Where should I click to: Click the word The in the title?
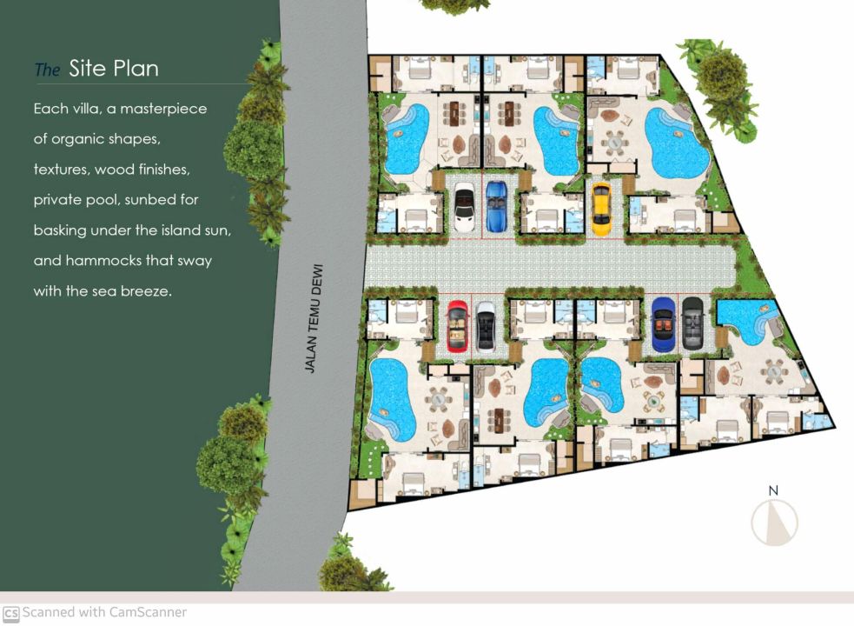point(47,70)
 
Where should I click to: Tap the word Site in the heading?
point(87,68)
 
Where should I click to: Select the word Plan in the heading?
point(136,68)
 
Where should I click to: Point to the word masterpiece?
point(163,109)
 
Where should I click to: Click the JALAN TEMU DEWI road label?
point(314,319)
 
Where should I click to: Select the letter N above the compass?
point(773,490)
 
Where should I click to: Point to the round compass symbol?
point(774,523)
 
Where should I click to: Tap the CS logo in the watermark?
point(11,614)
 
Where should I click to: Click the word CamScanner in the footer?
point(148,612)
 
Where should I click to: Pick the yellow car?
point(600,209)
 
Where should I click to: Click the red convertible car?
point(458,326)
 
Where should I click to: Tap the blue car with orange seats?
point(664,324)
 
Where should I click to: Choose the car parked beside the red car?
point(486,327)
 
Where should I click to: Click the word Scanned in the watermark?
point(49,612)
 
